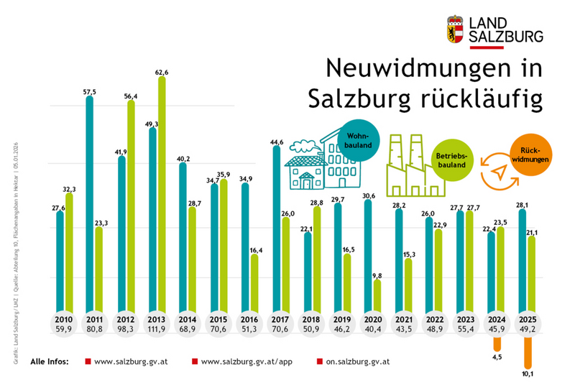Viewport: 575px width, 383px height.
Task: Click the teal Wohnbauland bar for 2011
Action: pos(89,205)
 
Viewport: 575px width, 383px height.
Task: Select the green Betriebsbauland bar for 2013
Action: pos(162,194)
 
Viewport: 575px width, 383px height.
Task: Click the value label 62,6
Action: pos(161,72)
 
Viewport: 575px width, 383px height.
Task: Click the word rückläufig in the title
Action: pos(473,98)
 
